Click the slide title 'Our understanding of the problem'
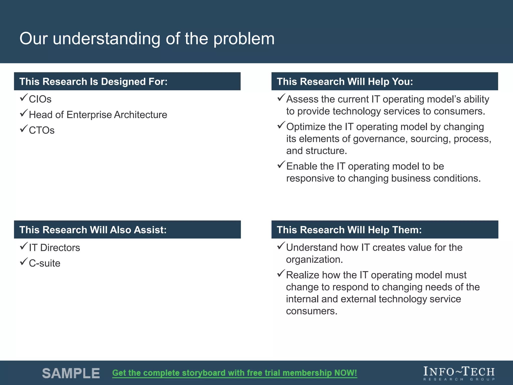pos(147,39)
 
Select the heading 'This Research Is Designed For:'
pos(93,82)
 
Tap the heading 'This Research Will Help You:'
pos(345,82)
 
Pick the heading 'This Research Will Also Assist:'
pos(93,230)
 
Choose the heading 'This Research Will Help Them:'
pos(349,230)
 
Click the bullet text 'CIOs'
pos(40,99)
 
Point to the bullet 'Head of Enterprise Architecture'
pos(98,115)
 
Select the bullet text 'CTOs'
pos(42,130)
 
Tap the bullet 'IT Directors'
pos(54,248)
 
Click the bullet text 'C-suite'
pos(45,263)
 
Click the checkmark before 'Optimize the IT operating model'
pos(281,125)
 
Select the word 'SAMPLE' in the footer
pos(71,373)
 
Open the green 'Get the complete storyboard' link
pos(234,373)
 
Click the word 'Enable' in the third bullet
pos(301,166)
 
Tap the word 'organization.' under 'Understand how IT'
pos(314,260)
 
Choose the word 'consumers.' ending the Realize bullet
pos(312,311)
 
